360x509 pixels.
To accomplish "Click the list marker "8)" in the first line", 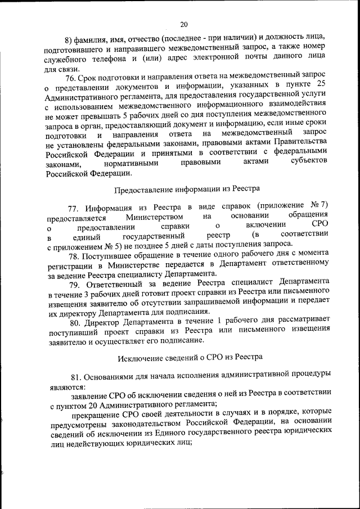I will coord(70,39).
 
